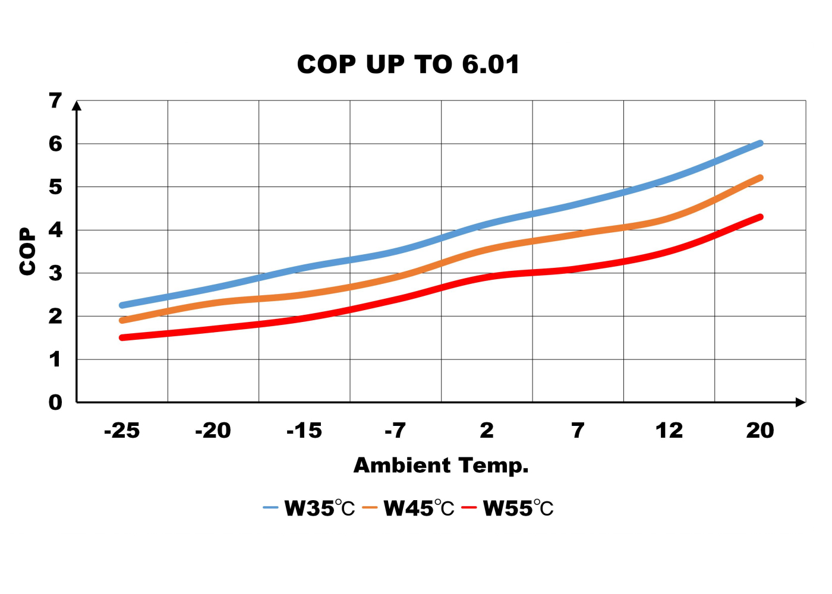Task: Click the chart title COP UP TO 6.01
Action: pyautogui.click(x=408, y=64)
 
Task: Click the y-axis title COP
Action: pyautogui.click(x=27, y=251)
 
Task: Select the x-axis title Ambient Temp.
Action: pyautogui.click(x=441, y=465)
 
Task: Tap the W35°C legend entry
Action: pyautogui.click(x=309, y=508)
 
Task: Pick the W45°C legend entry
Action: pyautogui.click(x=408, y=508)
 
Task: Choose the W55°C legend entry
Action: pyautogui.click(x=508, y=508)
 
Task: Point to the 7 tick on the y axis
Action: pyautogui.click(x=55, y=101)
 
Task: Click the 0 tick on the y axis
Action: pyautogui.click(x=55, y=403)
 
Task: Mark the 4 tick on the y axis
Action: pyautogui.click(x=55, y=230)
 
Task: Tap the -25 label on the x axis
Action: pyautogui.click(x=122, y=431)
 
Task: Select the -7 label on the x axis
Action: pyautogui.click(x=395, y=431)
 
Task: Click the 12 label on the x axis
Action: pyautogui.click(x=669, y=431)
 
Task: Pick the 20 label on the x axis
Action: pyautogui.click(x=760, y=431)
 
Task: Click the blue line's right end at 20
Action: pyautogui.click(x=760, y=143)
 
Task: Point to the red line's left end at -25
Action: pyautogui.click(x=122, y=337)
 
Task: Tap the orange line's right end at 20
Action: pyautogui.click(x=760, y=178)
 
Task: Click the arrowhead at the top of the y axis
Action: pyautogui.click(x=77, y=105)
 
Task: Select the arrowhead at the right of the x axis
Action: pyautogui.click(x=801, y=402)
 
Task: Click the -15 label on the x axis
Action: pyautogui.click(x=304, y=431)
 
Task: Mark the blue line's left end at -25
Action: pyautogui.click(x=122, y=305)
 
